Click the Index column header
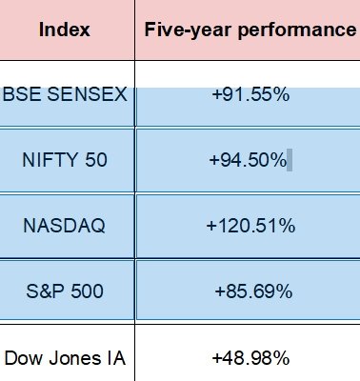64,30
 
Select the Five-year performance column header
250,30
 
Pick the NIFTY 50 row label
65,160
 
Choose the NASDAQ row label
65,226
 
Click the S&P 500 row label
65,291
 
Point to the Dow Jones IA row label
65,358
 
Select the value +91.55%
250,95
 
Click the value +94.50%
248,160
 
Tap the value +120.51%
250,226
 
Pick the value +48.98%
250,358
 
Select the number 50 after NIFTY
95,160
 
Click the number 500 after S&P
87,291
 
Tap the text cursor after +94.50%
290,160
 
